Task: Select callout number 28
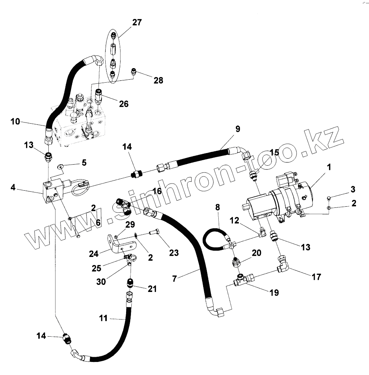click(x=158, y=80)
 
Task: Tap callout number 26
click(x=123, y=104)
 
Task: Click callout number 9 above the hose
click(x=238, y=129)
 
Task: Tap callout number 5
click(x=84, y=162)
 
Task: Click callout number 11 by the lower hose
click(x=103, y=318)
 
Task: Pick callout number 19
click(x=274, y=293)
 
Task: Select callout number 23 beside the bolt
click(x=174, y=253)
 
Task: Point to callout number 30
click(x=101, y=282)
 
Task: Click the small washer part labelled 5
click(x=60, y=166)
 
